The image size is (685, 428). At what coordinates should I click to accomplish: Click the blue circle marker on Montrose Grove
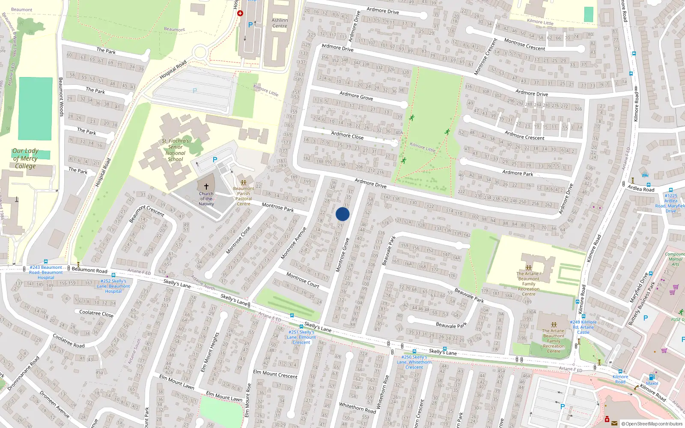(342, 214)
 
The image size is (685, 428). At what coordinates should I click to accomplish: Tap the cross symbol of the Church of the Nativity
(206, 187)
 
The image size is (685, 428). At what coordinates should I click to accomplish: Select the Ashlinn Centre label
(280, 23)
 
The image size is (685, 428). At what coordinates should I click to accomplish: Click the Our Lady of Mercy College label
(25, 158)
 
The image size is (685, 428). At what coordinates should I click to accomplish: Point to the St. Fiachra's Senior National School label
(175, 150)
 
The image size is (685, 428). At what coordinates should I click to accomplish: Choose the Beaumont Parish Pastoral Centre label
(244, 196)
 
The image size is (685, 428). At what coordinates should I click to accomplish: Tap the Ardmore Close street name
(347, 136)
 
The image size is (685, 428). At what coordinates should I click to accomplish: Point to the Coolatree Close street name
(96, 313)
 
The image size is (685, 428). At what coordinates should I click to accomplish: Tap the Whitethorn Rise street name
(382, 392)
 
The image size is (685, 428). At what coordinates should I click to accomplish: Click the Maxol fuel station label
(652, 383)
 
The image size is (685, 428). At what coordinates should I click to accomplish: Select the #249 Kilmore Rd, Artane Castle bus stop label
(583, 327)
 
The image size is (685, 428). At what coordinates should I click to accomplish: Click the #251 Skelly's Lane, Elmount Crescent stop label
(302, 337)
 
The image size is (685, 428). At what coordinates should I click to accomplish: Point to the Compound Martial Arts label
(675, 259)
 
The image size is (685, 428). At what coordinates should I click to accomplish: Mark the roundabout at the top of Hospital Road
(200, 53)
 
